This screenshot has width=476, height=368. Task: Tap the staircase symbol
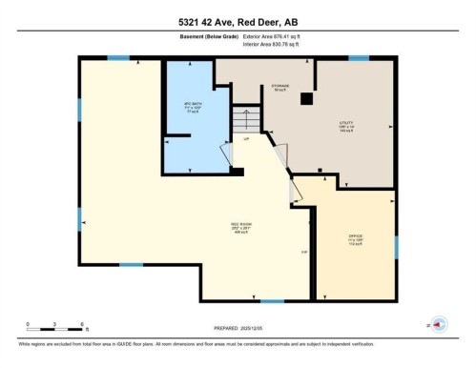(x=246, y=120)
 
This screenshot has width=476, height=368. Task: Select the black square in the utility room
(x=305, y=98)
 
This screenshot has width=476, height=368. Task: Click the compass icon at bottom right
(x=439, y=323)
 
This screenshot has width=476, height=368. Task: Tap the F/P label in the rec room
(x=304, y=253)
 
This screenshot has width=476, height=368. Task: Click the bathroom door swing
(x=225, y=154)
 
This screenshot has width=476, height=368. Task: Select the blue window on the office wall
(x=394, y=246)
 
